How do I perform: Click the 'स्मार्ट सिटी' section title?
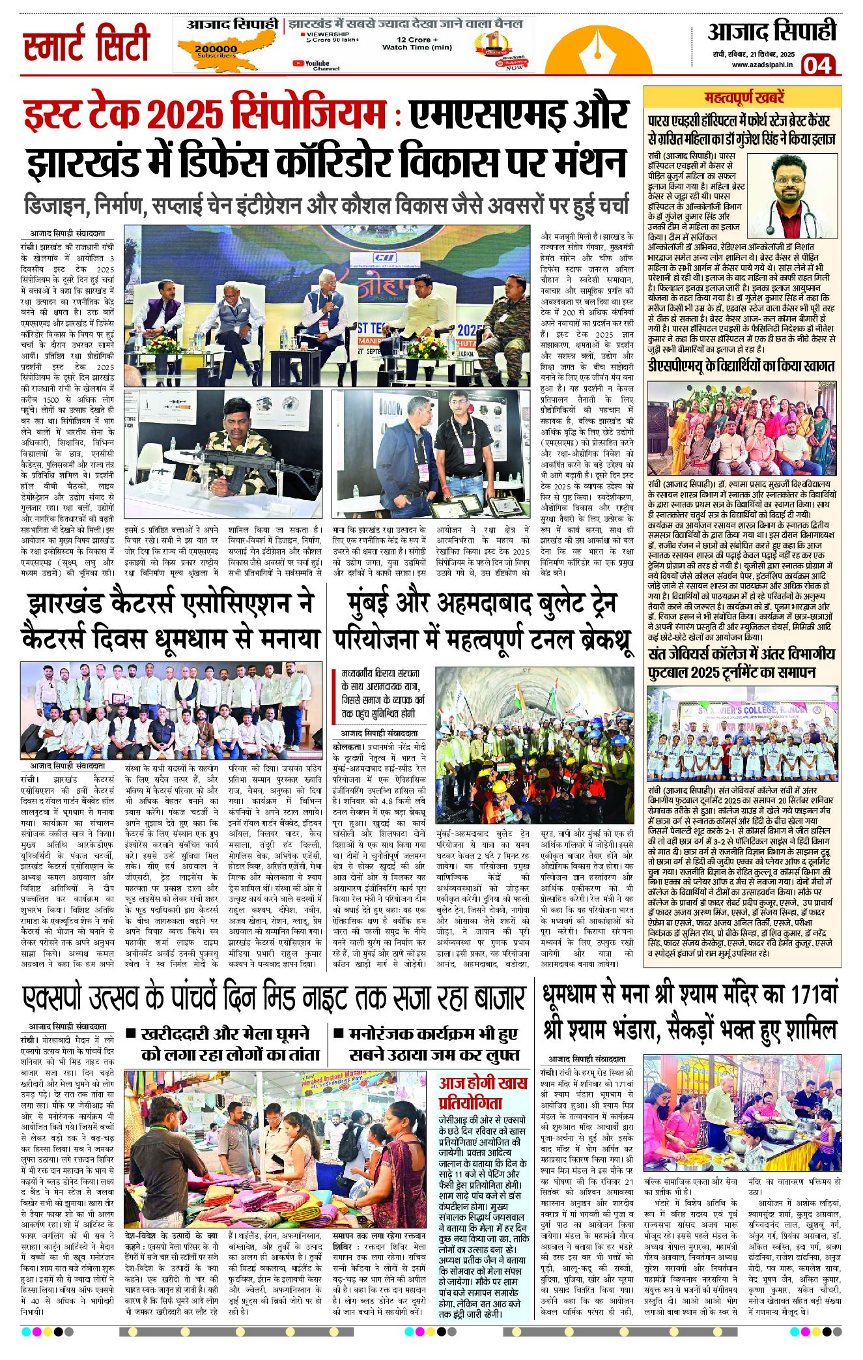tap(87, 44)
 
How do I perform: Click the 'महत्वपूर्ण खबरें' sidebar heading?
tap(744, 98)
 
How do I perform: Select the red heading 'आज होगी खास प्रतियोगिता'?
tap(483, 1093)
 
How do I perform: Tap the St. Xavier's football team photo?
tap(743, 733)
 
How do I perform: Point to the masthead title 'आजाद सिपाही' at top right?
tap(771, 31)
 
